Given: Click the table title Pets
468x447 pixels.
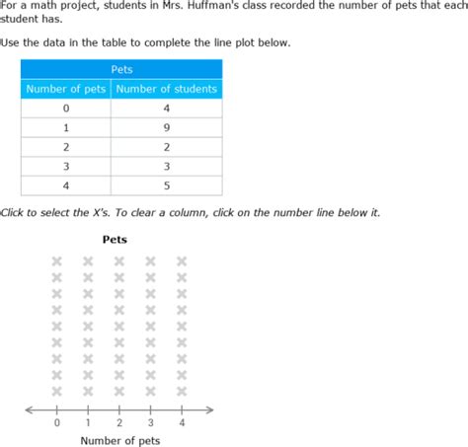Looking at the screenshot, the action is (120, 70).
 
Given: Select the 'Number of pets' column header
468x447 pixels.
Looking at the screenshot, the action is (65, 89).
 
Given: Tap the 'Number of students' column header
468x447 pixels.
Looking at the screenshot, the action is (166, 89).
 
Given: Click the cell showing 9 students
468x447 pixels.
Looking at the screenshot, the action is (166, 127).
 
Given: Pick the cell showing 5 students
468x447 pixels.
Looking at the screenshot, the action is (166, 186).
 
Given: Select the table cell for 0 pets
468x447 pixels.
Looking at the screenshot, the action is (65, 109).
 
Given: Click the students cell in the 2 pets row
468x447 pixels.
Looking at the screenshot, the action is (166, 147).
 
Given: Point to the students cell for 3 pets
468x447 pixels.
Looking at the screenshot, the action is (166, 167).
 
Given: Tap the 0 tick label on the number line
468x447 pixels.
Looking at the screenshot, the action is (56, 423).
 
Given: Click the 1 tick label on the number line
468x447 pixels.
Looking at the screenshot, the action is (88, 423).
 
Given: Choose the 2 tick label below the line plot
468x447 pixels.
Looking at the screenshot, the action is (119, 423).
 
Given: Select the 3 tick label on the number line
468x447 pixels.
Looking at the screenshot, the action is (150, 423).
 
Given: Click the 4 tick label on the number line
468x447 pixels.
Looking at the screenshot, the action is (182, 423).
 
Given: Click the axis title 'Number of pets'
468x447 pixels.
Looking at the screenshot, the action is (119, 440).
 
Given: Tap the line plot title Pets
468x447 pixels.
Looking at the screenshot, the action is (115, 239).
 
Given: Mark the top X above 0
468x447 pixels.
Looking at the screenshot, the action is (56, 261).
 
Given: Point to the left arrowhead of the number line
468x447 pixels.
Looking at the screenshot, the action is (29, 410).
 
